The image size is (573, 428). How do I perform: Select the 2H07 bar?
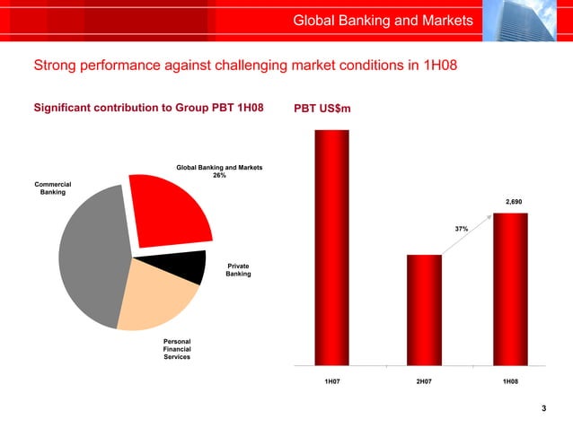pos(424,310)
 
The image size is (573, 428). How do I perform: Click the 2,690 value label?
pos(513,203)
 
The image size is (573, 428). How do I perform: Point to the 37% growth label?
pos(462,230)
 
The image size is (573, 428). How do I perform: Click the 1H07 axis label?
pos(332,381)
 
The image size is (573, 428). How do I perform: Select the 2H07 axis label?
pos(424,381)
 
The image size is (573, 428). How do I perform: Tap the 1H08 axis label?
pos(510,381)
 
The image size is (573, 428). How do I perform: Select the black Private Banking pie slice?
pos(184,266)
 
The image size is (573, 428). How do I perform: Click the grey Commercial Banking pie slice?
pos(90,256)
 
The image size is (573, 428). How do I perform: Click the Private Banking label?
pos(238,269)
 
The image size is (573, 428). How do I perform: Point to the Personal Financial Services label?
pos(176,349)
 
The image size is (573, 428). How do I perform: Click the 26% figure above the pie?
pos(219,176)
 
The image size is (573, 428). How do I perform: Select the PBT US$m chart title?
pos(322,109)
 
